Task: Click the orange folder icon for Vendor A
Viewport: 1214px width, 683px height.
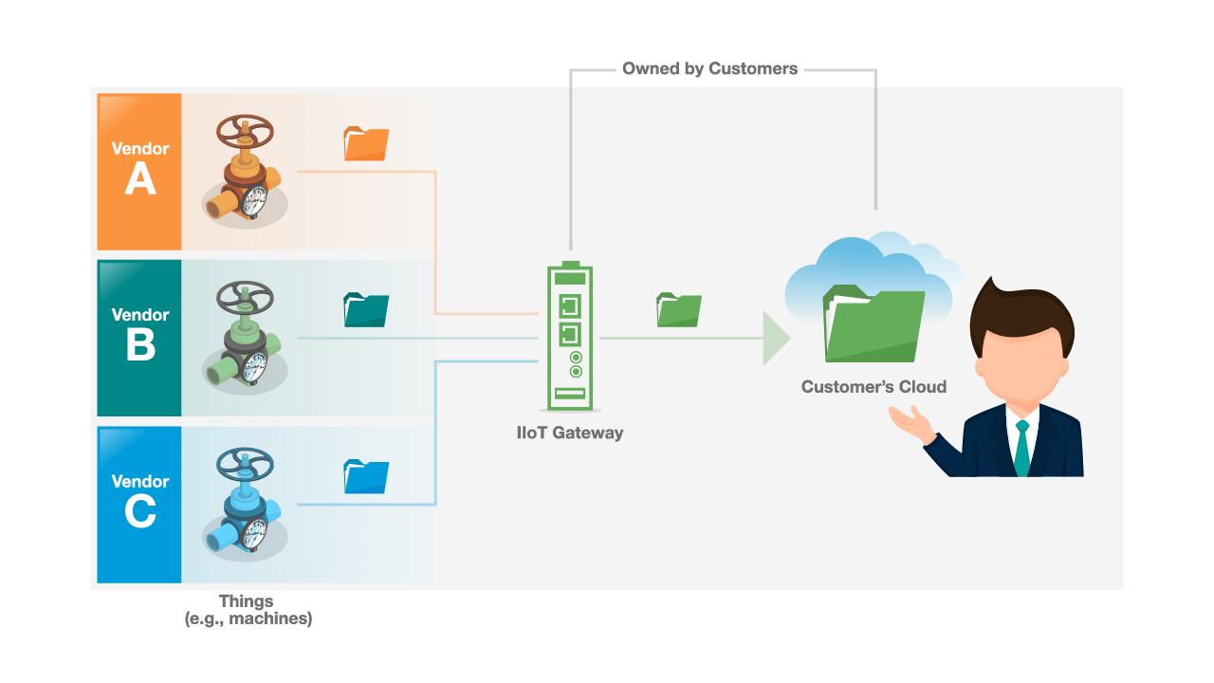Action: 366,143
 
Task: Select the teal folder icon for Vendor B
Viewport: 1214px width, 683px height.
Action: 366,310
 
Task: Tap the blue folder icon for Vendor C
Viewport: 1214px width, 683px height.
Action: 366,476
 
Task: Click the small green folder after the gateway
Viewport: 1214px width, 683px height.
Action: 679,310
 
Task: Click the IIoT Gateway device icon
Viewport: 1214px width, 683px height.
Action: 570,336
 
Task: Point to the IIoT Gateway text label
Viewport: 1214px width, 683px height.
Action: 570,433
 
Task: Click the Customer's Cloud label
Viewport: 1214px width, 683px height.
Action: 874,387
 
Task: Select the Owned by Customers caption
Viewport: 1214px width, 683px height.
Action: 709,68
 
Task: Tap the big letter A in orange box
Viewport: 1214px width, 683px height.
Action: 140,178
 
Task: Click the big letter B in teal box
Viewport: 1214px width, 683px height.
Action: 140,345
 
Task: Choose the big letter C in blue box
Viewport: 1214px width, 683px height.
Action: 140,511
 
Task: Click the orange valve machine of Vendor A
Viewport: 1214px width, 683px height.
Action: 245,171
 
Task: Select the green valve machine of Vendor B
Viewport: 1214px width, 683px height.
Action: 245,337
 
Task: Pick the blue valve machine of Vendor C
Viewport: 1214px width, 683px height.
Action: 245,503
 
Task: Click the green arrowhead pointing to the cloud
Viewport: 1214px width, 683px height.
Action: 776,338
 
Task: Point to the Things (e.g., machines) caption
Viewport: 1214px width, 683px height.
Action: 247,610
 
